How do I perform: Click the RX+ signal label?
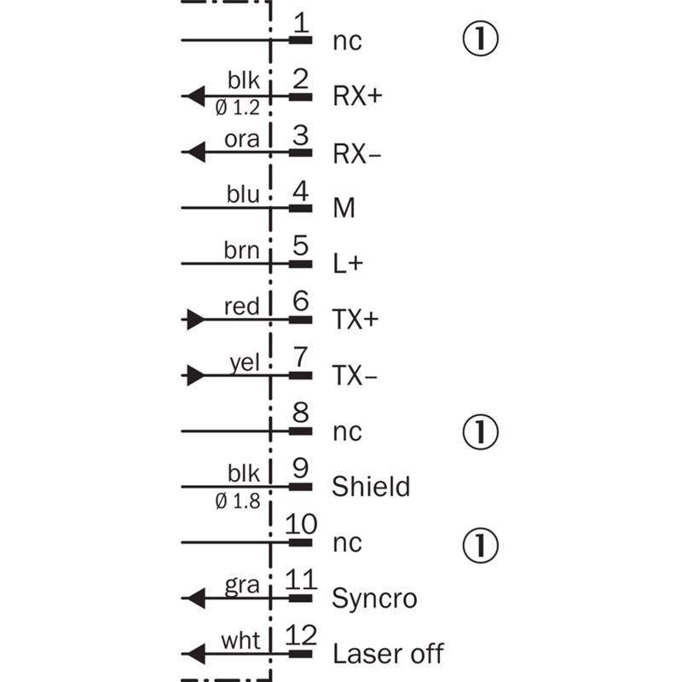point(357,95)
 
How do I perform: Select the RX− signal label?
point(356,153)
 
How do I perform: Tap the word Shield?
point(371,486)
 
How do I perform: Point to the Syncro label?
point(374,598)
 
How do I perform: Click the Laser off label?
point(388,653)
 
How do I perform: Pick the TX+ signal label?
point(355,319)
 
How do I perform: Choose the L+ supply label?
point(348,263)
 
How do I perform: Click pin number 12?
point(301,635)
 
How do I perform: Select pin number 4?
point(301,190)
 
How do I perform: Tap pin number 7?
point(301,356)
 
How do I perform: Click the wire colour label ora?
point(242,139)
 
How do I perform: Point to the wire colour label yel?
point(245,363)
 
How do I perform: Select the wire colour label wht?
point(240,640)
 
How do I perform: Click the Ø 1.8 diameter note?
point(238,501)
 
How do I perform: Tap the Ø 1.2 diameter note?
point(238,107)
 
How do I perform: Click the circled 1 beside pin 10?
point(480,545)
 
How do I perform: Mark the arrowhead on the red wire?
point(195,320)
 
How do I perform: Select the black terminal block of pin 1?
point(301,40)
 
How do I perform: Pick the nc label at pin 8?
point(347,432)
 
